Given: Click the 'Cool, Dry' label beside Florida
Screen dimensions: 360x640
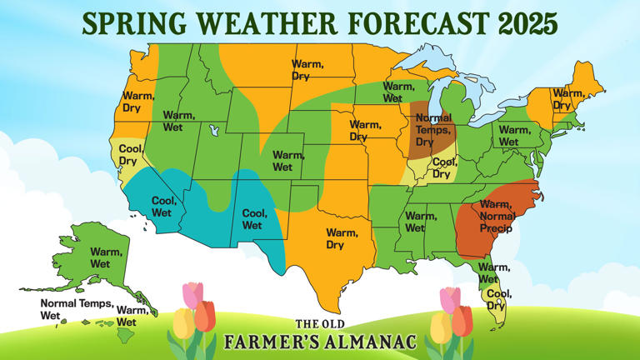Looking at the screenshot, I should [499, 299].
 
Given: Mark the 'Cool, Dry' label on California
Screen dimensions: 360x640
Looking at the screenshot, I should [129, 155].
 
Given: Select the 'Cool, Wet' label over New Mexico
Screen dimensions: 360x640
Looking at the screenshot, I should [253, 219].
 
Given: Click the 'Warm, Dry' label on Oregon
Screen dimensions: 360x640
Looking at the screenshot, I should [137, 102].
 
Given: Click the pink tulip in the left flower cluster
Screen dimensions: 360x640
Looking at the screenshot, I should [192, 295].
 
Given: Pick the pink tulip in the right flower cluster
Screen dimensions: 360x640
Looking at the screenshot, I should [450, 297].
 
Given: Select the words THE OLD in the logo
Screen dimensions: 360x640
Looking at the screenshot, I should [320, 324].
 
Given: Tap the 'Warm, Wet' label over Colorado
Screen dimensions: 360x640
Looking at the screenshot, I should [287, 160].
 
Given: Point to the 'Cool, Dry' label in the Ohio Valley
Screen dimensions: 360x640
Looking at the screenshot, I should [442, 168].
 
